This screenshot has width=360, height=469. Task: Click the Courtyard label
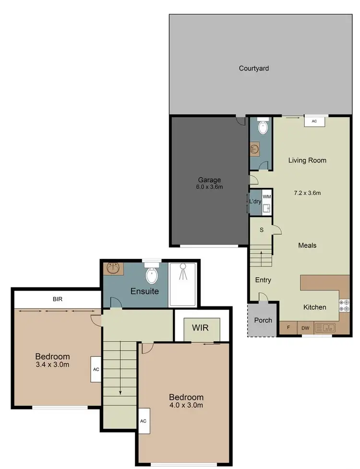coord(254,68)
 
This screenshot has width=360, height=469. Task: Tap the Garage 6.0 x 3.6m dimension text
coord(209,187)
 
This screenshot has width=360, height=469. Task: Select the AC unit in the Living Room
coord(314,121)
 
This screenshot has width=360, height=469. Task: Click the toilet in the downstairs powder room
coord(263,127)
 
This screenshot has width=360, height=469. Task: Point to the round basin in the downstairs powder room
coord(255,149)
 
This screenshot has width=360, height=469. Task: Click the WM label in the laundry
coord(267,197)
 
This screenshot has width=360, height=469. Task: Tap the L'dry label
coord(255,201)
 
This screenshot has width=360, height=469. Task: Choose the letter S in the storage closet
coord(262,230)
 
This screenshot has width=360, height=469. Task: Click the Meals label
coord(307,245)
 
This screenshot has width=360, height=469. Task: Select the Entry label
coord(263,280)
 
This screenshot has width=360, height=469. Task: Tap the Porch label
coord(263,320)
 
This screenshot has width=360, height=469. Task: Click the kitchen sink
coord(325,328)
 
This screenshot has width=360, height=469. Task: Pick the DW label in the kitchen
coord(305,328)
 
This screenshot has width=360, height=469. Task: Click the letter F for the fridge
coord(288,328)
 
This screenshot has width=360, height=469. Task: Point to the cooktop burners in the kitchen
coord(344,305)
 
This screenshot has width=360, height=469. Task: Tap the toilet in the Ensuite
coord(152,275)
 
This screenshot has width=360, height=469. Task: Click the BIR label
coord(58,299)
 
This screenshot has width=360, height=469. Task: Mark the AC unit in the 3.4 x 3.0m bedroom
coord(95,370)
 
